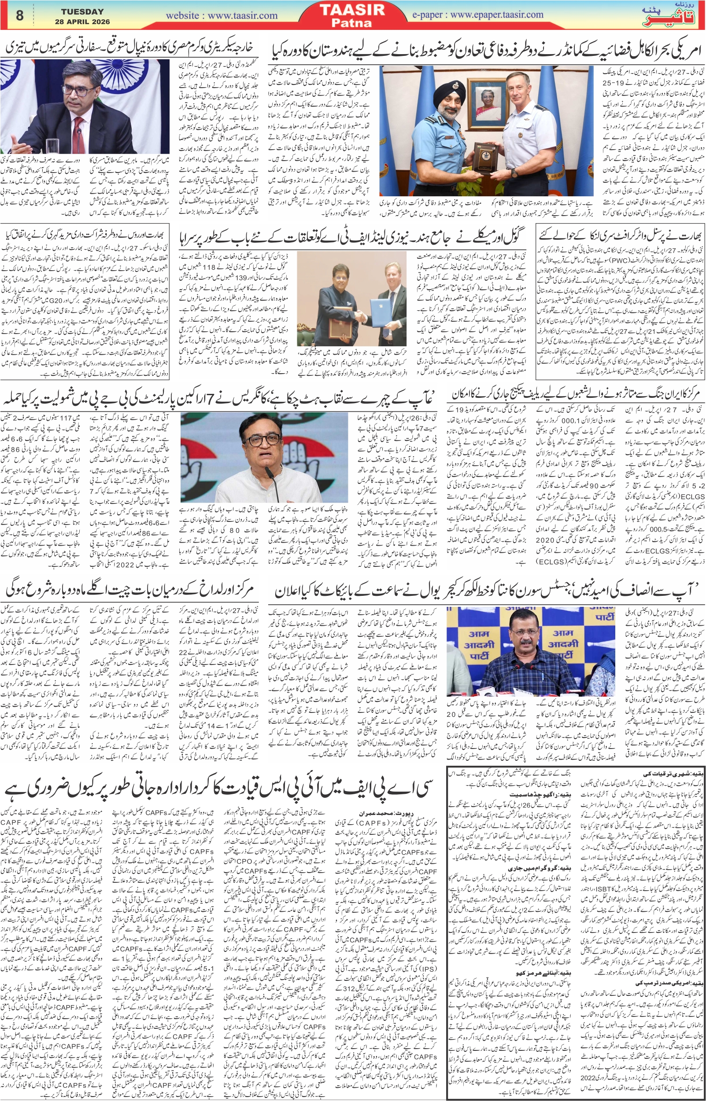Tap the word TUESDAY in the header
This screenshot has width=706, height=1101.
click(x=82, y=11)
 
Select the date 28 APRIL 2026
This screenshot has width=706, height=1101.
click(x=82, y=22)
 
